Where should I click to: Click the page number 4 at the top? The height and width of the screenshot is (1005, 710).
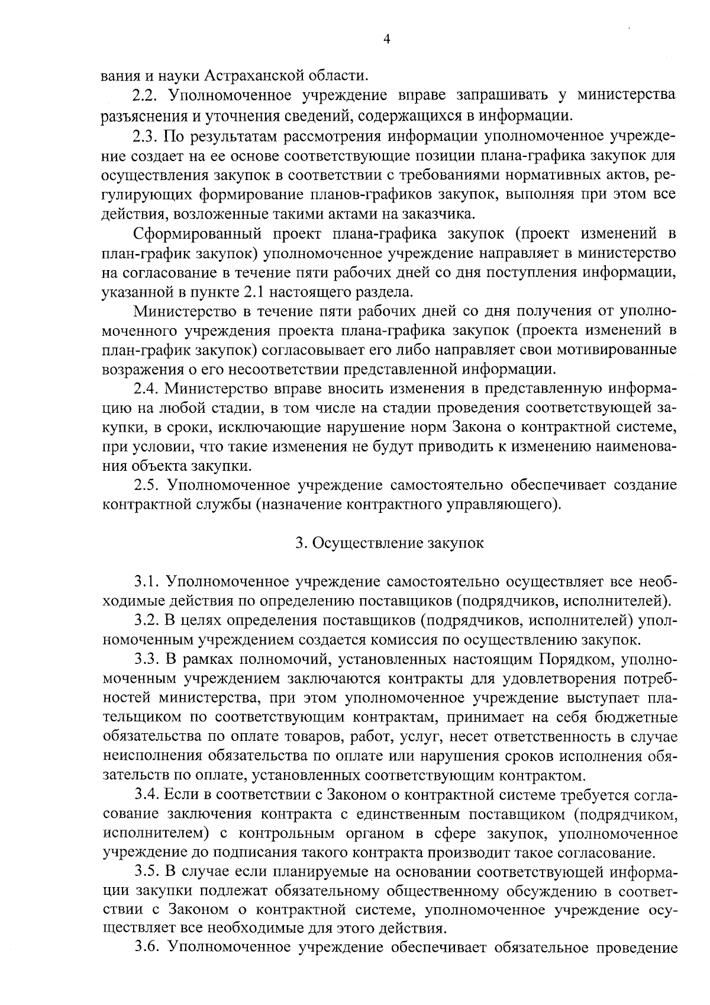[386, 40]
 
